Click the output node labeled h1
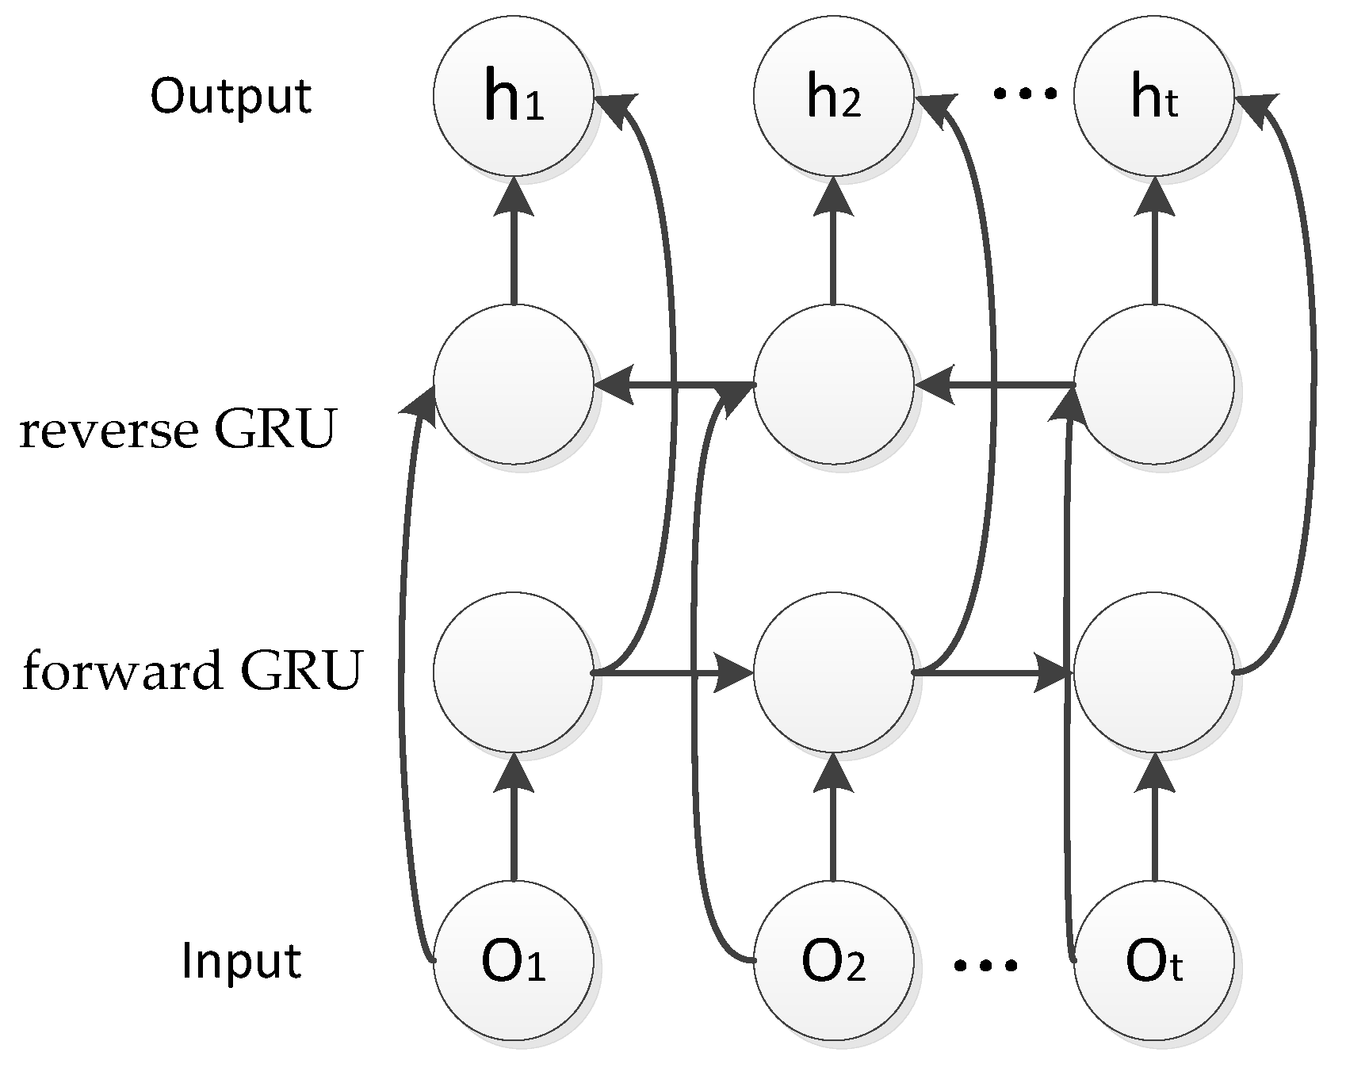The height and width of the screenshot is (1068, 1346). (514, 96)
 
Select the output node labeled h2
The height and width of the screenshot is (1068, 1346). (833, 96)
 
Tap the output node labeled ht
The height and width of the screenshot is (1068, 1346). (1154, 96)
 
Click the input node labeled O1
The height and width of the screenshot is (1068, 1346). (514, 961)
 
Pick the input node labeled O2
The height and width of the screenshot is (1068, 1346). (833, 961)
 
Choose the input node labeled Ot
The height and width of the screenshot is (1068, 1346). (1154, 961)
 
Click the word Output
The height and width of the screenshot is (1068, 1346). (231, 97)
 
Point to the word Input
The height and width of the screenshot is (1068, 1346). (241, 961)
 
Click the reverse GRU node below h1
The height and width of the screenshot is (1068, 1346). (514, 385)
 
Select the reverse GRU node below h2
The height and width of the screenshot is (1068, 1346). (833, 385)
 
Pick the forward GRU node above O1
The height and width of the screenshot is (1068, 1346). (514, 672)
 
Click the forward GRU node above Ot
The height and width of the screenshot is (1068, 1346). (1154, 672)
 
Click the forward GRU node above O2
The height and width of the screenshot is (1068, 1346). (833, 672)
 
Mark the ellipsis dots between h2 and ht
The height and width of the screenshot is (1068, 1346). (1026, 94)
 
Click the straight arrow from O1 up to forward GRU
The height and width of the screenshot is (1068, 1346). (514, 825)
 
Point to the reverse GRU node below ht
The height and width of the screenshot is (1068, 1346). (1154, 385)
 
